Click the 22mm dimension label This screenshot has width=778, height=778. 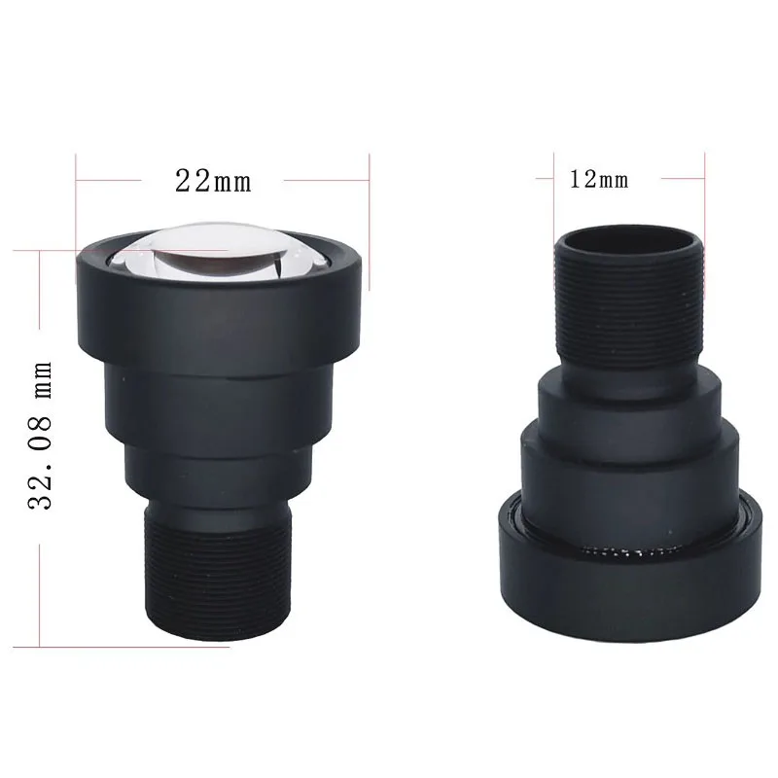pyautogui.click(x=213, y=181)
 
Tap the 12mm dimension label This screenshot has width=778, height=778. pyautogui.click(x=599, y=180)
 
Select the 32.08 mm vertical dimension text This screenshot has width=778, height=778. pyautogui.click(x=40, y=436)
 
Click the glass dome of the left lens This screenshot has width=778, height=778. pyautogui.click(x=218, y=251)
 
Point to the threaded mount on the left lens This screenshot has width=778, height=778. pyautogui.click(x=217, y=571)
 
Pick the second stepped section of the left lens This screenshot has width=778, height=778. pyautogui.click(x=218, y=407)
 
